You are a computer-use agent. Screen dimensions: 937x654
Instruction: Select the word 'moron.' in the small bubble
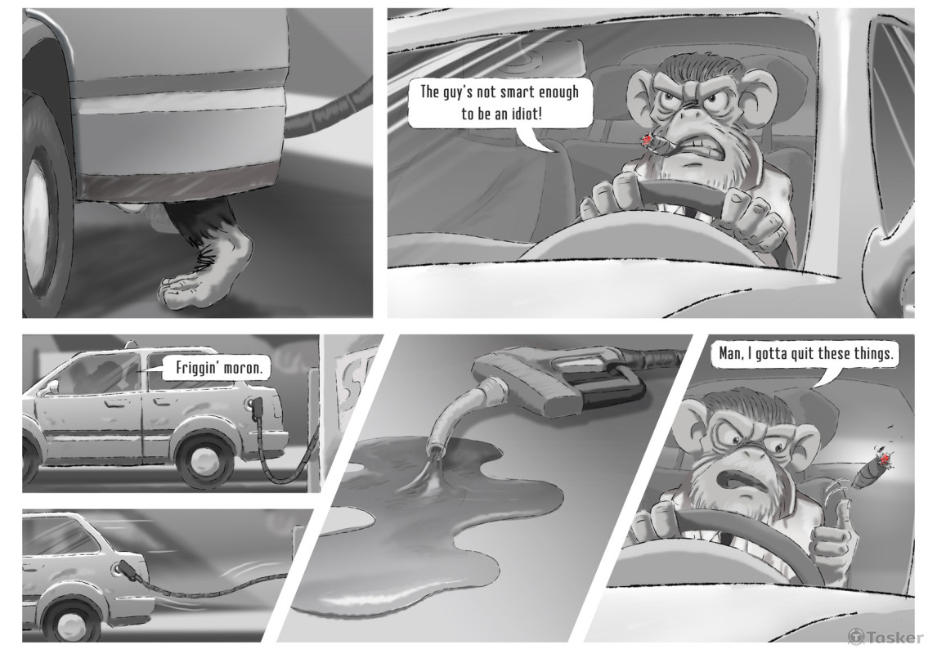pos(243,367)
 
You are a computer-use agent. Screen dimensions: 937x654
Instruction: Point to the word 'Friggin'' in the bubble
pos(196,368)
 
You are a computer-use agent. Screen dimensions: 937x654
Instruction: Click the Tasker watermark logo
pos(885,637)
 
